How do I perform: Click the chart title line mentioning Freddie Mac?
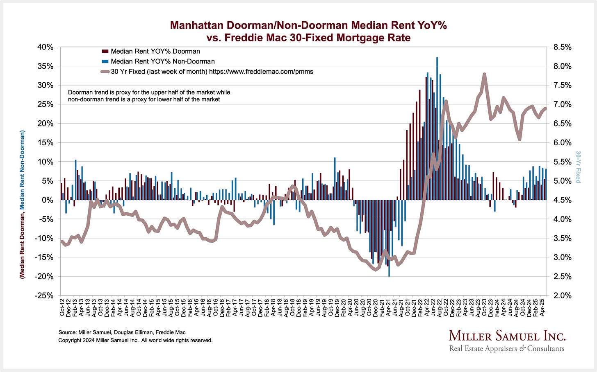coord(308,38)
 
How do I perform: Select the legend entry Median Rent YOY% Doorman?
coord(155,51)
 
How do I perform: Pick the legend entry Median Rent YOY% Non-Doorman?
coord(162,61)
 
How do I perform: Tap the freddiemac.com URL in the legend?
coord(261,72)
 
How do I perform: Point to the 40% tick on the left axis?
coord(46,47)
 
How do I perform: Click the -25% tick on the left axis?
coord(44,295)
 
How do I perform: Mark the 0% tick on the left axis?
coord(48,200)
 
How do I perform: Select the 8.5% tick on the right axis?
coord(562,47)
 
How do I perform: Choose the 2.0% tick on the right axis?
coord(562,295)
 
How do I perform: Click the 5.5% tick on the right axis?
coord(562,162)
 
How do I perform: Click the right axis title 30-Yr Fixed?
coord(578,167)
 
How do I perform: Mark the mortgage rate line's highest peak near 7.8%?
coord(484,74)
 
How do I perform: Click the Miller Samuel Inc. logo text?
coord(507,336)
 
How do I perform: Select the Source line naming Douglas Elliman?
coord(122,332)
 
